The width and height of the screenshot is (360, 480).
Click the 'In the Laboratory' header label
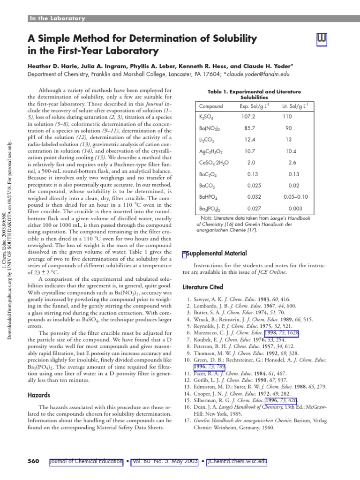point(57,19)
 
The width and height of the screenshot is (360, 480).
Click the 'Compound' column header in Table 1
point(211,106)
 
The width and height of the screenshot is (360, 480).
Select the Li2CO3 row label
point(207,140)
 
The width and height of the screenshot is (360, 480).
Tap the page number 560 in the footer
point(33,461)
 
